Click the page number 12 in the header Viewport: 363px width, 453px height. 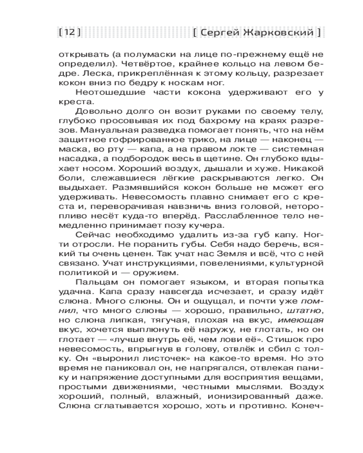[x=70, y=32]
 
